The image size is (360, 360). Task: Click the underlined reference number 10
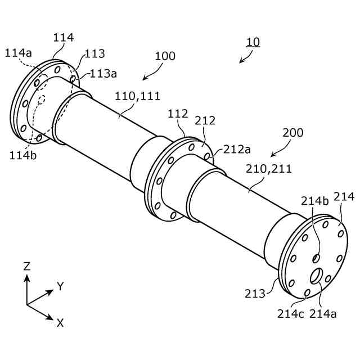click(253, 42)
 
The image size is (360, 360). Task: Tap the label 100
click(165, 56)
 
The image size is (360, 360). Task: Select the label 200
click(292, 133)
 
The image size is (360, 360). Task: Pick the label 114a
click(19, 53)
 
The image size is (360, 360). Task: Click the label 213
click(255, 293)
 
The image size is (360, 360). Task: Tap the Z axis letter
click(26, 266)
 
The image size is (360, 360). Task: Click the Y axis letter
click(60, 287)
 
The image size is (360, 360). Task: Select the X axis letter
click(60, 322)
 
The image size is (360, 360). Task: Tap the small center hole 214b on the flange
click(316, 258)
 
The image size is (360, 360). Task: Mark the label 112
click(178, 114)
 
